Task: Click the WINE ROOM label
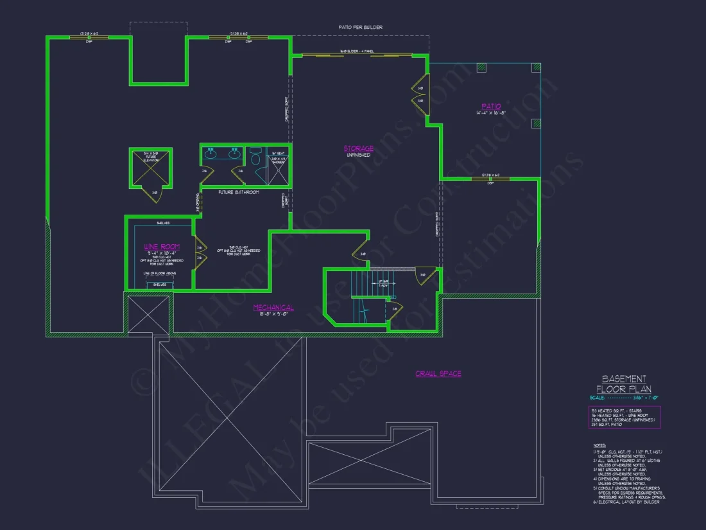(x=162, y=246)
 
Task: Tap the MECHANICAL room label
(x=273, y=308)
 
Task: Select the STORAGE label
(x=358, y=149)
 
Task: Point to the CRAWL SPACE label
(x=438, y=373)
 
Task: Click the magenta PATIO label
(x=491, y=106)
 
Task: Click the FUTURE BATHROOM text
(x=238, y=192)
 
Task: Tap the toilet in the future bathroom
(x=255, y=158)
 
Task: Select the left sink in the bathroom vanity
(x=211, y=154)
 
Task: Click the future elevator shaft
(x=151, y=168)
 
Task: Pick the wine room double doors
(x=199, y=252)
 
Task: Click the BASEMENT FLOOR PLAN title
(x=624, y=384)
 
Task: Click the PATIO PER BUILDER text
(x=360, y=28)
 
